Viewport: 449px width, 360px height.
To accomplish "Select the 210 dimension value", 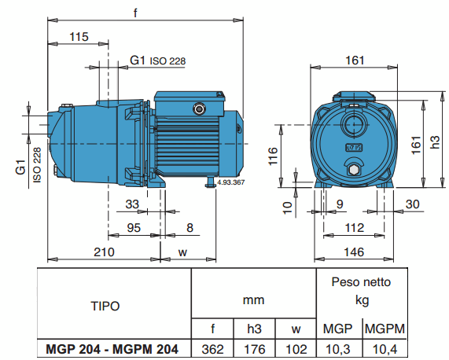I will click(105, 252).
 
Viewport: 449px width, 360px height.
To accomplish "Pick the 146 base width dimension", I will click(357, 252).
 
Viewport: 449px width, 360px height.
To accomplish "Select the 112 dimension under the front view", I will click(356, 229).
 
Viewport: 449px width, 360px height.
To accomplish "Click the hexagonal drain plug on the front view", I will click(354, 170).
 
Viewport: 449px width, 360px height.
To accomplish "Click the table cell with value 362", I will click(213, 348).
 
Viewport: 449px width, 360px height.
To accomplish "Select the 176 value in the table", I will click(254, 348).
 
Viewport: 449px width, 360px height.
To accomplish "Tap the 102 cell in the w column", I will click(295, 348).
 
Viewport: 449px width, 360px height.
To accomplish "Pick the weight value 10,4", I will click(384, 348).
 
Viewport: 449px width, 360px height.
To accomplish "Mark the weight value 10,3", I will click(338, 348).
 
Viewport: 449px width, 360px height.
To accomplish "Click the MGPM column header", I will click(384, 328).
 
